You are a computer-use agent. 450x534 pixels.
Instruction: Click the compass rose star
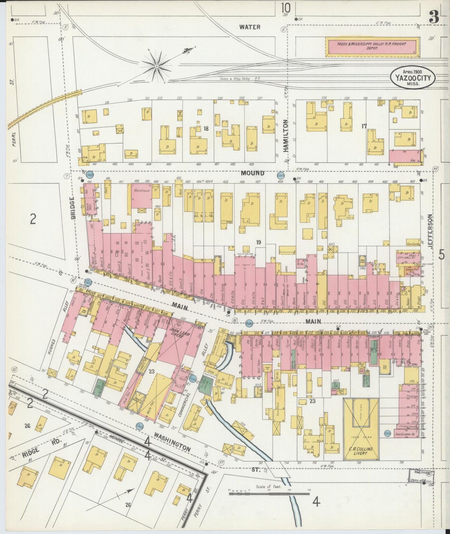click(x=157, y=66)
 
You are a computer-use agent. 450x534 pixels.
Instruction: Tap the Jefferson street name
click(x=430, y=231)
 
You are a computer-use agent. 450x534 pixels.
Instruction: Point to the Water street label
click(x=250, y=27)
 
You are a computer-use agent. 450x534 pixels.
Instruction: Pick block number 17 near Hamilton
click(x=364, y=126)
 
